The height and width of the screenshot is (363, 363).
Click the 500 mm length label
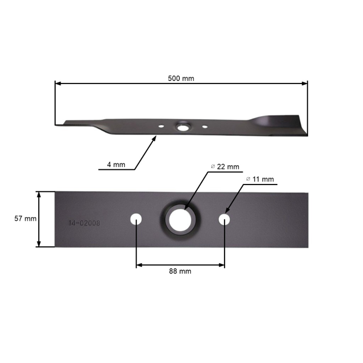181,78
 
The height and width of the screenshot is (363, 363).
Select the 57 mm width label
26,218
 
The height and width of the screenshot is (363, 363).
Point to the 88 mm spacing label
181,271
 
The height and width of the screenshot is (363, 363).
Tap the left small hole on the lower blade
137,218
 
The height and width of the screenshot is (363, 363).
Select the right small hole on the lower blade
224,218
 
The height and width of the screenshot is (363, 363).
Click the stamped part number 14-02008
84,223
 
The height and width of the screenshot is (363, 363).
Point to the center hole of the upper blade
182,127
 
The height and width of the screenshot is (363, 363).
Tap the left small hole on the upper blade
162,126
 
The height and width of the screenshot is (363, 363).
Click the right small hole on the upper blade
205,127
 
